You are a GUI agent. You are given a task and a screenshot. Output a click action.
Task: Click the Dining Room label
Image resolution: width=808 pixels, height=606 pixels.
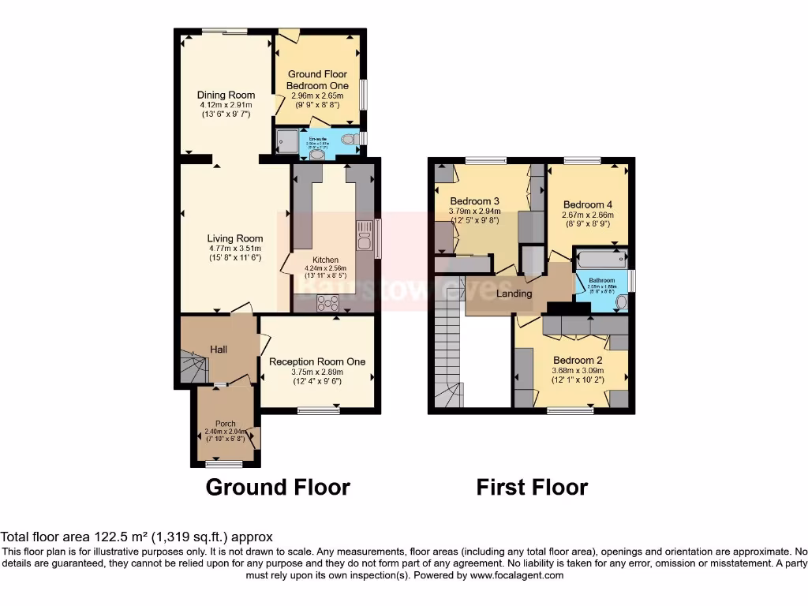(x=226, y=95)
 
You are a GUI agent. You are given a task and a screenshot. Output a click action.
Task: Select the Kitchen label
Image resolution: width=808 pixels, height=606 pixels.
(x=325, y=260)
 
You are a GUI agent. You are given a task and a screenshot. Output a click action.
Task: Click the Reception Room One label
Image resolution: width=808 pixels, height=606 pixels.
(x=317, y=361)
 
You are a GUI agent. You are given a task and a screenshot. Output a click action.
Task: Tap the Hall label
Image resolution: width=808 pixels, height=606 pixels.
(x=219, y=349)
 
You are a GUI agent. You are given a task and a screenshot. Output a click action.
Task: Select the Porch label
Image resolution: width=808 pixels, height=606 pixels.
(x=226, y=423)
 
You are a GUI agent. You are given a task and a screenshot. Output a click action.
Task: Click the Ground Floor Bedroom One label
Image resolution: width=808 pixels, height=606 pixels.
(x=317, y=80)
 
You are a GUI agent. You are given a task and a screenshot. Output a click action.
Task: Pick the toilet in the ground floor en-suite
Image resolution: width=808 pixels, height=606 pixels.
(x=348, y=140)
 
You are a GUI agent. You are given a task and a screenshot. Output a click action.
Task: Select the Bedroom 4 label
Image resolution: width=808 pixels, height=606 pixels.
(x=588, y=204)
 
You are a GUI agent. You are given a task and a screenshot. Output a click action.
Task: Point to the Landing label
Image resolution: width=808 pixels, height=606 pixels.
(x=514, y=294)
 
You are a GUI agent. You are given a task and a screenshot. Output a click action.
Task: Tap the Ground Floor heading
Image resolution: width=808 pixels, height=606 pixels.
(x=278, y=487)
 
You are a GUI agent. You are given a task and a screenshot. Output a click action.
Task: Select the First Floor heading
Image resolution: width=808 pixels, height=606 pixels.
(x=532, y=487)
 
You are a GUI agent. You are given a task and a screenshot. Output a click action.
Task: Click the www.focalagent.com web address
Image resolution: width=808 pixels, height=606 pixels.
(x=518, y=575)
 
